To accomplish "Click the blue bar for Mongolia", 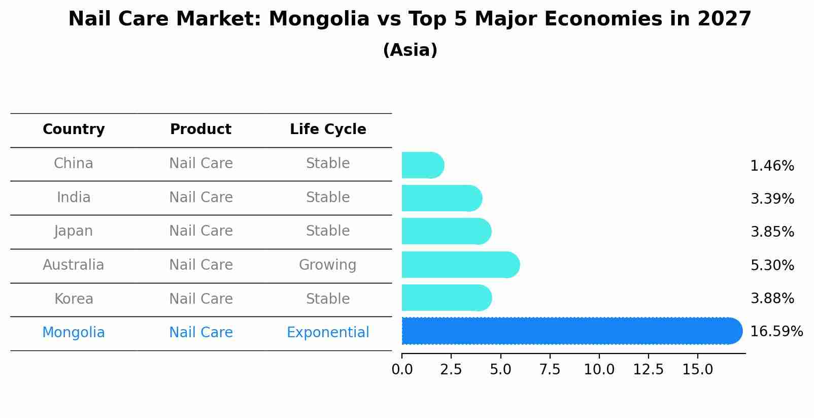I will click(x=571, y=331).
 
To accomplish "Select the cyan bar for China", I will click(x=422, y=165).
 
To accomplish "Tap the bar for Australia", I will click(x=460, y=265).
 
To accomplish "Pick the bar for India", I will click(x=441, y=198).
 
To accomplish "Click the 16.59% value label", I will click(x=776, y=332).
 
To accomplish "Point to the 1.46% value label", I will click(x=772, y=166).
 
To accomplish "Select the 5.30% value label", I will click(x=772, y=265).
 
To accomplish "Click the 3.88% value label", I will click(x=772, y=298).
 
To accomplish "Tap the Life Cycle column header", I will click(x=328, y=130).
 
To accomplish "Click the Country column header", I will click(x=74, y=130).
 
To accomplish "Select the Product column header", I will click(x=200, y=130).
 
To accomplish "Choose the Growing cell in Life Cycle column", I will click(x=327, y=265).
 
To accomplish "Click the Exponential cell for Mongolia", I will click(x=328, y=333).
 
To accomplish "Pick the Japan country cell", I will click(x=74, y=231).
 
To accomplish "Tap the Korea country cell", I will click(x=74, y=299).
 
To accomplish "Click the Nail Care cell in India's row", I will click(x=200, y=197).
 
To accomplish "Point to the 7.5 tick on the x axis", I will click(x=550, y=369).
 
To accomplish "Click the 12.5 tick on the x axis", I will click(x=648, y=369).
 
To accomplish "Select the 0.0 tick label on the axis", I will click(x=402, y=369).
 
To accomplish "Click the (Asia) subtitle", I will click(x=410, y=50).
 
